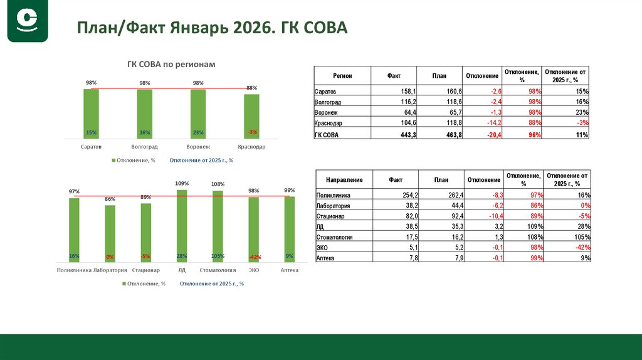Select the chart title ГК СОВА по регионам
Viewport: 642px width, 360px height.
[x=171, y=65]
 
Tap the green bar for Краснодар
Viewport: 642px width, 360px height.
[x=251, y=116]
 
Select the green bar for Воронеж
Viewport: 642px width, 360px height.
[x=198, y=114]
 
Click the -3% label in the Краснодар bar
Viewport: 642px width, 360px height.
[x=252, y=132]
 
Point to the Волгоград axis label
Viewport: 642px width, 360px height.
[x=145, y=146]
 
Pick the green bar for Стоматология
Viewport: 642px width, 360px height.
[x=218, y=226]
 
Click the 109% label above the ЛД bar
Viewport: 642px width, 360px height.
[x=182, y=184]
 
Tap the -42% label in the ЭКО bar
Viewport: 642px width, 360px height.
[x=254, y=257]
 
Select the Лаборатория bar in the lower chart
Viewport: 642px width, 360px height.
[x=110, y=233]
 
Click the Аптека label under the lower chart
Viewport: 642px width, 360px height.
[x=289, y=270]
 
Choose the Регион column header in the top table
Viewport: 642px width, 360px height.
[x=342, y=76]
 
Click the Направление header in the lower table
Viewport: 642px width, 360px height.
[x=344, y=180]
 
